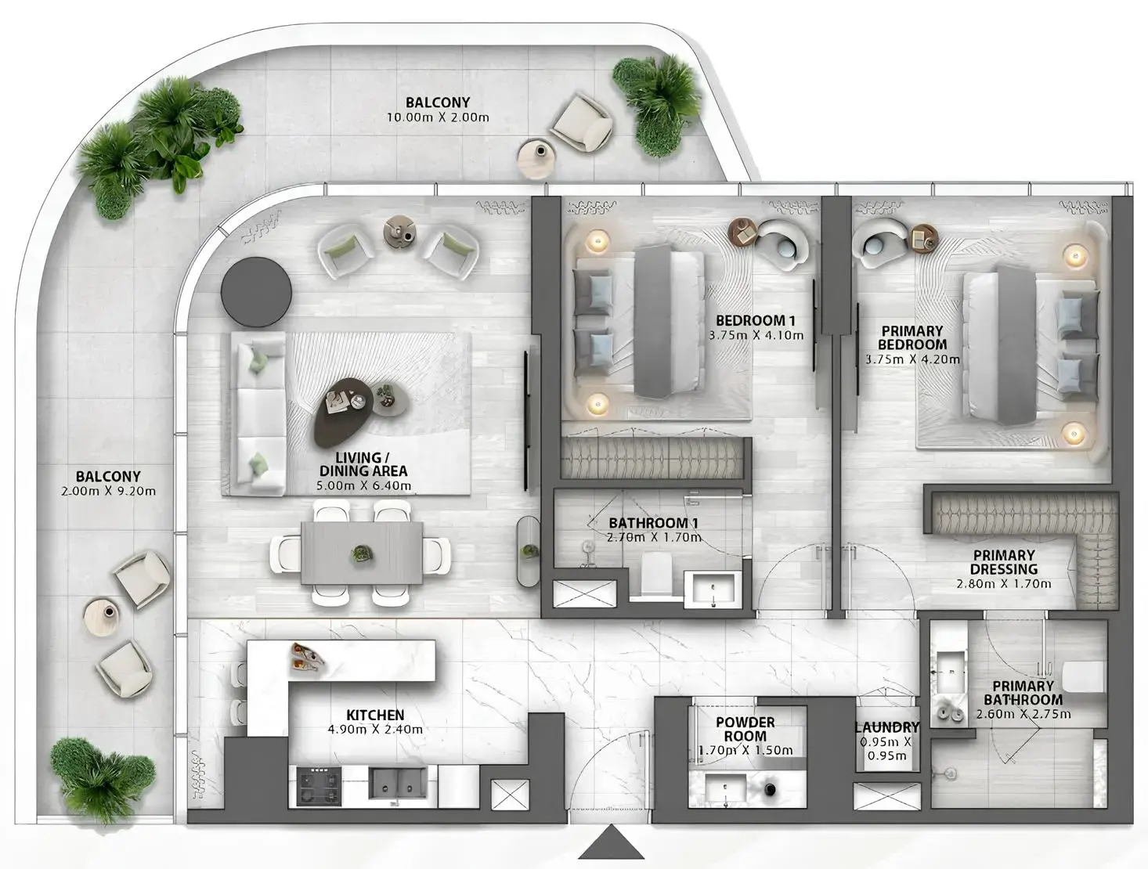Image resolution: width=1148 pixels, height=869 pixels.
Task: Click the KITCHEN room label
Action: (375, 715)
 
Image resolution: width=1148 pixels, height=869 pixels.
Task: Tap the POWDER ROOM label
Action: (745, 729)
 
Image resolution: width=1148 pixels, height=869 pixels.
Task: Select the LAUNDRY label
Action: (887, 727)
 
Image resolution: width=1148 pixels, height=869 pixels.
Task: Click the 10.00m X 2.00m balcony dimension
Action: (438, 117)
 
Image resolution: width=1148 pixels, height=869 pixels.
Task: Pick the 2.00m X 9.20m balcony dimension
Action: (108, 491)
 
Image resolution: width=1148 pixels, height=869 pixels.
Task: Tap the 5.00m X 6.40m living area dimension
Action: (363, 485)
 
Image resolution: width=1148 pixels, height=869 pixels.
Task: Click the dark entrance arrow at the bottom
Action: (611, 842)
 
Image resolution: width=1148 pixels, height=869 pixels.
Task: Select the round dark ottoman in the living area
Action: (256, 292)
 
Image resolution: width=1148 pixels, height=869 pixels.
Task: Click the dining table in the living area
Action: (362, 553)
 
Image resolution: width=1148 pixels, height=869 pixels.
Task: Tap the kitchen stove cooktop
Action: (319, 786)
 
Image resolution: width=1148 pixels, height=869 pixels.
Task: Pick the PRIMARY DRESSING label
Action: (1004, 561)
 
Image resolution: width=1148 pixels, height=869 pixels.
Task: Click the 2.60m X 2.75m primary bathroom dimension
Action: (1023, 714)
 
